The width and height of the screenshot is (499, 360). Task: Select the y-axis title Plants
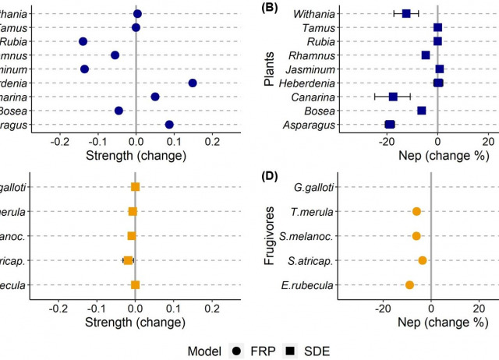(x=269, y=69)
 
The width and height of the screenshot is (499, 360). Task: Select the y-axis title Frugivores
(x=269, y=235)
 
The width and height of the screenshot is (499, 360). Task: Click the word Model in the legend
(x=199, y=351)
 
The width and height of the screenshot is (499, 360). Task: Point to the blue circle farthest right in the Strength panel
(x=193, y=83)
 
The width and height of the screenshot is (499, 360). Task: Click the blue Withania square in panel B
(x=406, y=14)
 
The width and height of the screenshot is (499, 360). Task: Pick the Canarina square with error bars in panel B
(x=393, y=97)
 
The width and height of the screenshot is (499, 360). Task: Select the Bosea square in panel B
(x=422, y=111)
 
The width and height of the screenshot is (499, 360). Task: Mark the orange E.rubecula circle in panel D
(x=409, y=285)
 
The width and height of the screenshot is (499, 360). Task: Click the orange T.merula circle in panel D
(x=416, y=211)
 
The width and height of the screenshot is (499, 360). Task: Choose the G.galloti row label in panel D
(x=315, y=187)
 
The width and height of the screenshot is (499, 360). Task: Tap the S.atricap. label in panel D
(x=313, y=260)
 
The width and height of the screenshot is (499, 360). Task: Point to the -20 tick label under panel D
(x=382, y=307)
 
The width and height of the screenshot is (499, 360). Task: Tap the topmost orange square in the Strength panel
(x=136, y=187)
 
